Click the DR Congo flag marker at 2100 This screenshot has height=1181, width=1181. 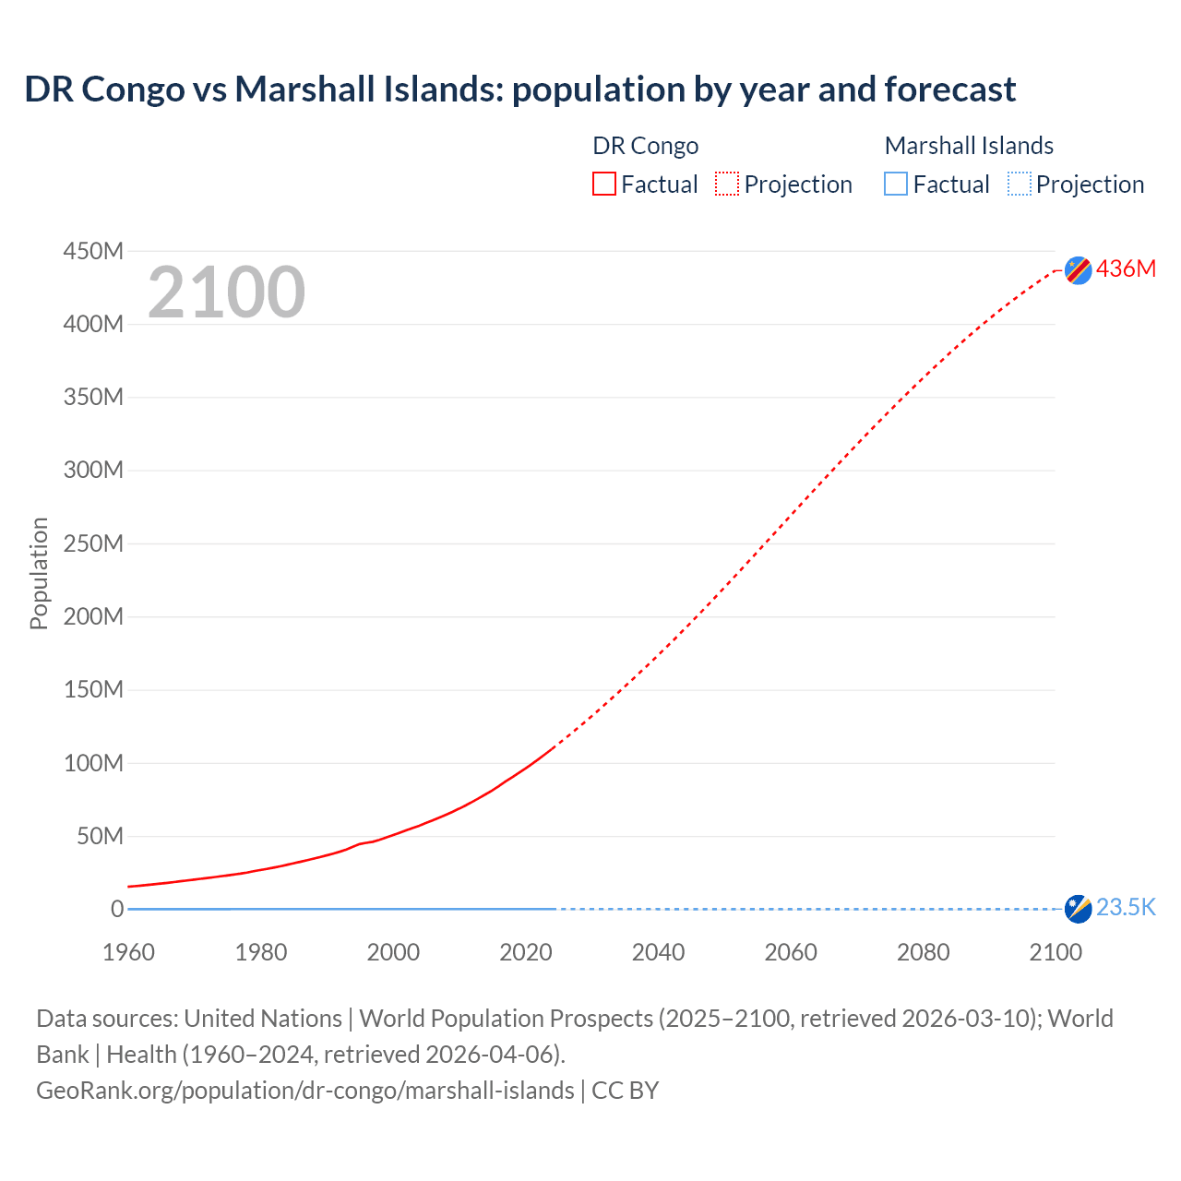[1078, 270]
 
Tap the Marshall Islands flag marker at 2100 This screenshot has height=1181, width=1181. [1078, 909]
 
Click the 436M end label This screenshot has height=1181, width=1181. [1126, 269]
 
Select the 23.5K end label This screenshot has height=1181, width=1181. [1126, 908]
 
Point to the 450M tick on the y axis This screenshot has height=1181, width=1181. [93, 251]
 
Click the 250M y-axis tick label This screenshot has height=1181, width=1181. [93, 543]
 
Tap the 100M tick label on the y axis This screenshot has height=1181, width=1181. [93, 763]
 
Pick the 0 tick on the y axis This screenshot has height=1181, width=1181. [116, 909]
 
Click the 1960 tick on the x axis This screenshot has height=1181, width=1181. [128, 952]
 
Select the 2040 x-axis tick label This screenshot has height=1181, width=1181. [658, 952]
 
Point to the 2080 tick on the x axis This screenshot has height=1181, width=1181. [923, 952]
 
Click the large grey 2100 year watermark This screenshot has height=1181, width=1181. [226, 292]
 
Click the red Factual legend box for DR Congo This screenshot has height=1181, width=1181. [604, 185]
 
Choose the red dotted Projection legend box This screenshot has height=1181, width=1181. [727, 185]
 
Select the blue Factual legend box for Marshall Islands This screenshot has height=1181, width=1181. [896, 185]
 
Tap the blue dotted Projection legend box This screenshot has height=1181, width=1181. [1020, 185]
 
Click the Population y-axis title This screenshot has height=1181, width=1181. [39, 573]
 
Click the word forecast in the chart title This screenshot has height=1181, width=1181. [949, 89]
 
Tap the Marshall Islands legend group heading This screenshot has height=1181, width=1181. [969, 146]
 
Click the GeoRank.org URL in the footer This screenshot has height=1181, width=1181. [304, 1091]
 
